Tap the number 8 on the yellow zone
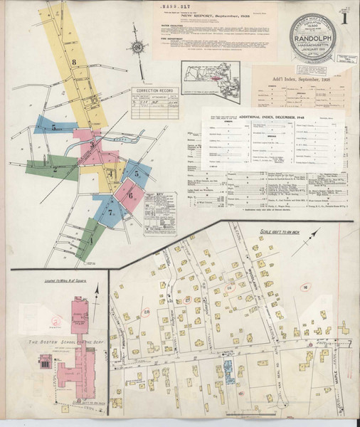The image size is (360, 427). click(73, 62)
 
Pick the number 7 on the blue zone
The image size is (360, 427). click(110, 211)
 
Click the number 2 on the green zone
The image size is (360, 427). click(55, 169)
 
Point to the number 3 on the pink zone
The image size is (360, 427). click(92, 144)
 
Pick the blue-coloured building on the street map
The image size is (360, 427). click(229, 368)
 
